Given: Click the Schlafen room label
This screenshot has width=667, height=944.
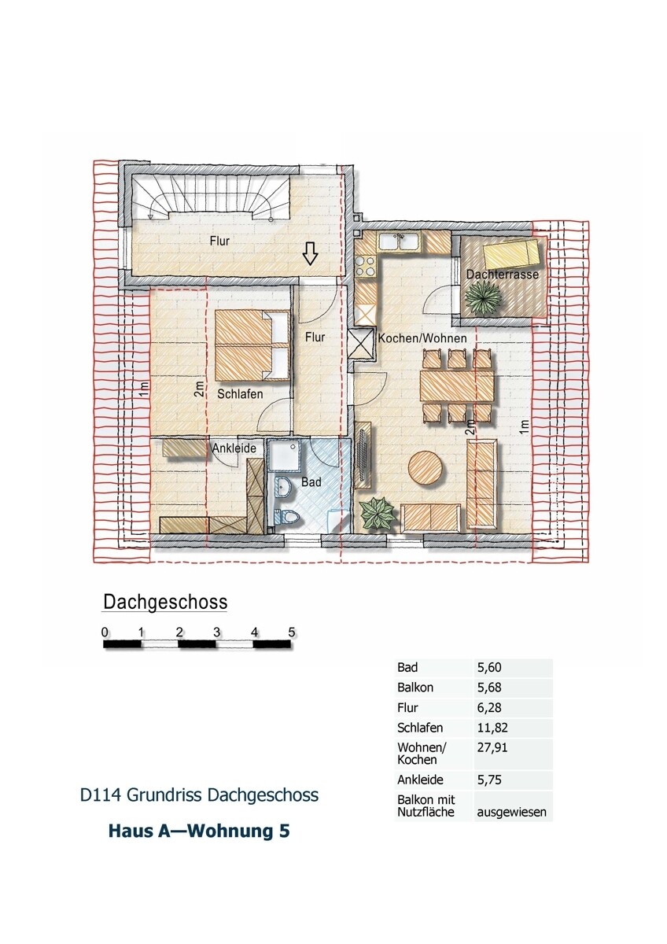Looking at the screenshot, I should tap(241, 394).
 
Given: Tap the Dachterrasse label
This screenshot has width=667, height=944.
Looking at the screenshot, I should tap(502, 275).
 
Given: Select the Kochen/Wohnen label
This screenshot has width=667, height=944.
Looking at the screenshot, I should tap(422, 338).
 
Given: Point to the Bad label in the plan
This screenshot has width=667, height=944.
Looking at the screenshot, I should tap(311, 482).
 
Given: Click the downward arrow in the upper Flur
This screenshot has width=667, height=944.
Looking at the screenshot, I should tap(310, 253).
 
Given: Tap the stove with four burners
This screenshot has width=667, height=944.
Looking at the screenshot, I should tap(366, 264).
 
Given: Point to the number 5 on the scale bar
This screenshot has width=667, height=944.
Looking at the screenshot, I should tap(292, 632).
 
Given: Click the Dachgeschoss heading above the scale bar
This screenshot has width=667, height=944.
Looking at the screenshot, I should tap(165, 603).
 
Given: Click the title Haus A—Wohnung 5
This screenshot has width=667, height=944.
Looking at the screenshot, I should tap(198, 831).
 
